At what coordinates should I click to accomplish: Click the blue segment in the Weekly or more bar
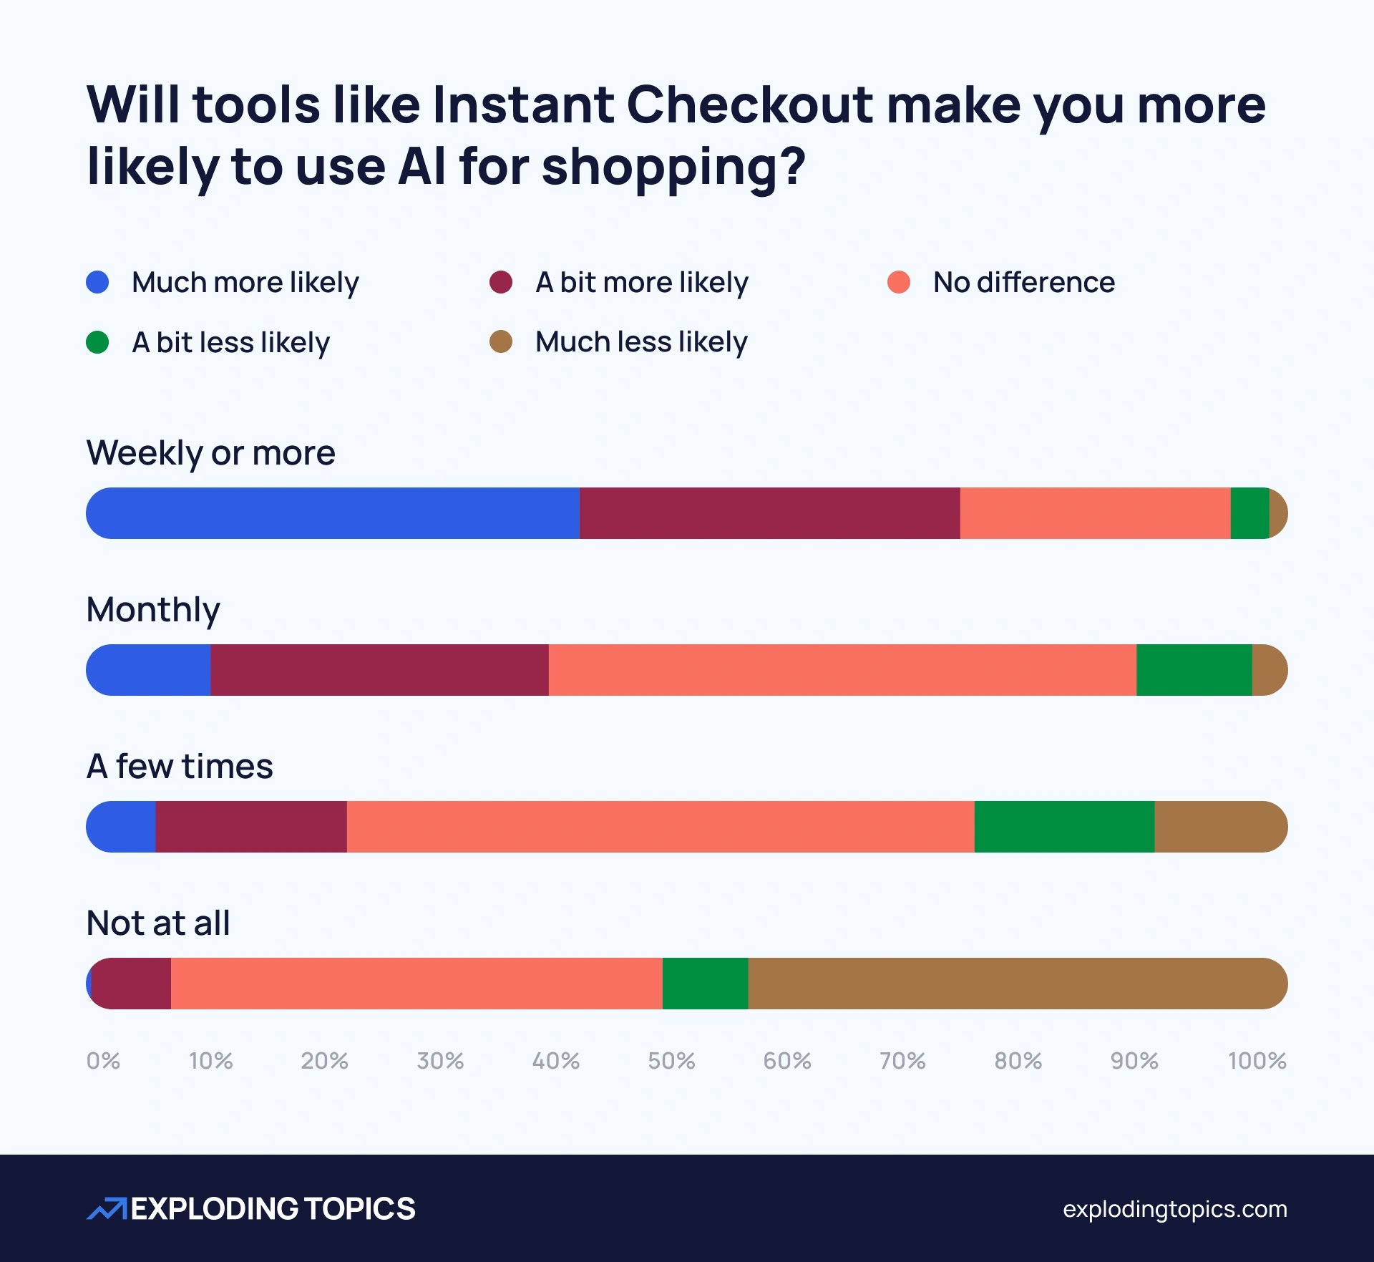pyautogui.click(x=333, y=513)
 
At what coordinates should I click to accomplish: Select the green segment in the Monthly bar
pyautogui.click(x=1194, y=670)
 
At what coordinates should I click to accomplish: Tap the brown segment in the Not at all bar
pyautogui.click(x=1016, y=984)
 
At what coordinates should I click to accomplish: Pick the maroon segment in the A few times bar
pyautogui.click(x=250, y=827)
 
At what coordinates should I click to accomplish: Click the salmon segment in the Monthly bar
pyautogui.click(x=842, y=670)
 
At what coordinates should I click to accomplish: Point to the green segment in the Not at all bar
pyautogui.click(x=705, y=984)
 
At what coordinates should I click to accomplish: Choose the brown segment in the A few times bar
pyautogui.click(x=1220, y=827)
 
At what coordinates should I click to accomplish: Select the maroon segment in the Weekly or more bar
pyautogui.click(x=769, y=513)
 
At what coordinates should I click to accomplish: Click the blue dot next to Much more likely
pyautogui.click(x=97, y=282)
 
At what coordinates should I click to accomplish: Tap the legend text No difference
pyautogui.click(x=1023, y=282)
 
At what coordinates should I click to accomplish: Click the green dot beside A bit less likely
pyautogui.click(x=97, y=342)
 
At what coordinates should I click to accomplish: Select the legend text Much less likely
pyautogui.click(x=641, y=342)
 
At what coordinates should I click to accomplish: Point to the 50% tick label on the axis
pyautogui.click(x=671, y=1060)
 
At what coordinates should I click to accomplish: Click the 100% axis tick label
pyautogui.click(x=1257, y=1060)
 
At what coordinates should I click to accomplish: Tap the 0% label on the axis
pyautogui.click(x=103, y=1060)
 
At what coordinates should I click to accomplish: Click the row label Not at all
pyautogui.click(x=158, y=923)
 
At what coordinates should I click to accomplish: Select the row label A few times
pyautogui.click(x=180, y=766)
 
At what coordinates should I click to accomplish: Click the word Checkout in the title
pyautogui.click(x=750, y=105)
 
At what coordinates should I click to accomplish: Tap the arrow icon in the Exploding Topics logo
pyautogui.click(x=107, y=1208)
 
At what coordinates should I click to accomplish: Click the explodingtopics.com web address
pyautogui.click(x=1174, y=1209)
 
